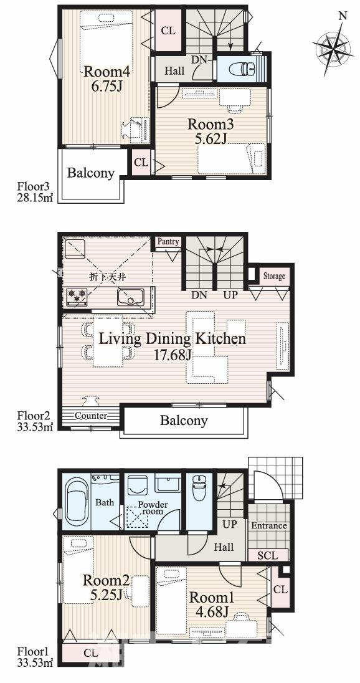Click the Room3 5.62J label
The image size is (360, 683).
click(211, 131)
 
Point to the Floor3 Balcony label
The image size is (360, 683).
click(90, 173)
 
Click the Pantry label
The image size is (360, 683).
click(168, 241)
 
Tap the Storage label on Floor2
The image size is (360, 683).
click(274, 275)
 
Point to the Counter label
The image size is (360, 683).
click(90, 416)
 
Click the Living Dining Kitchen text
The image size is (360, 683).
click(173, 338)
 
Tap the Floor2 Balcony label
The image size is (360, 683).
click(184, 421)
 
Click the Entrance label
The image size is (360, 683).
click(269, 525)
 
